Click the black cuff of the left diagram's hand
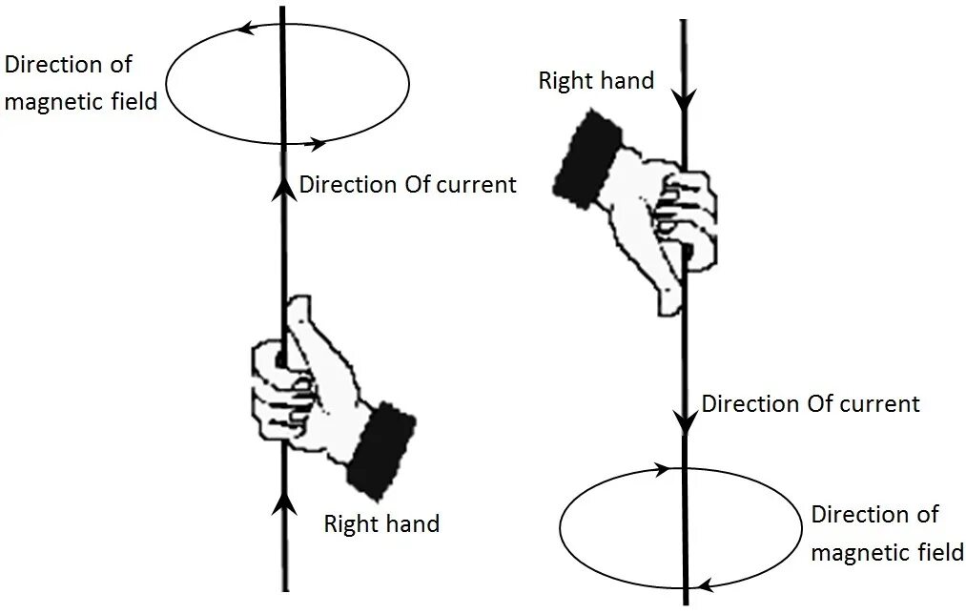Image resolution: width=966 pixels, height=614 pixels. pos(380,447)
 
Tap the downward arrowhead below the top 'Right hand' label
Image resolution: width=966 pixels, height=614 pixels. pos(683,98)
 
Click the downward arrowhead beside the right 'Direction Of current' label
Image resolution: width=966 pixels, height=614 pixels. pos(684,419)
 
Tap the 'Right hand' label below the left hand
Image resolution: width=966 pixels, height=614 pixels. pos(381,523)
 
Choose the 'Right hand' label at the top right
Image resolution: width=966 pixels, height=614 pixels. pos(596,80)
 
